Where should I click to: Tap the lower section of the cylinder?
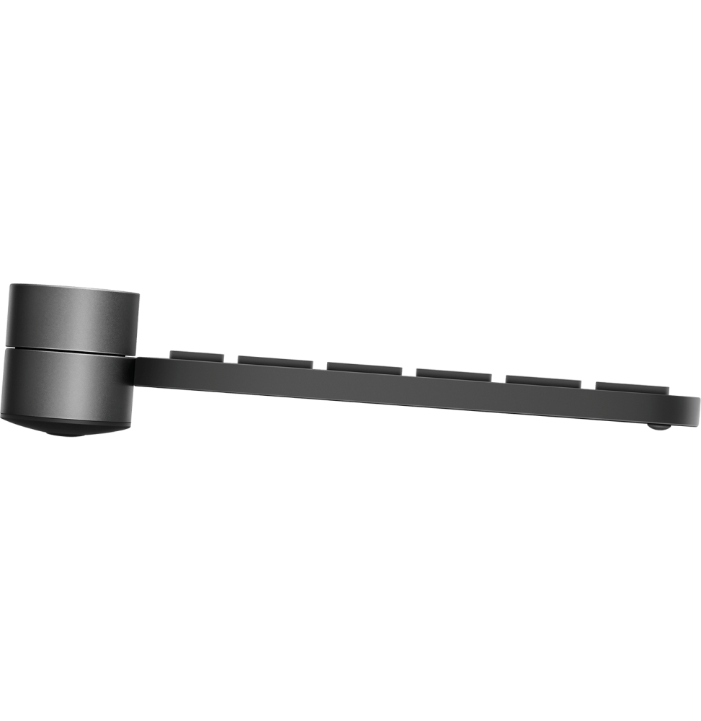[x=68, y=382]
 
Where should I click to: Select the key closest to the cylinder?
[x=196, y=355]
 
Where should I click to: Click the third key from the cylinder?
[x=365, y=368]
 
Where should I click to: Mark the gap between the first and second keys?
[x=231, y=358]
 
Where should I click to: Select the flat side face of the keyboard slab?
[x=403, y=393]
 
